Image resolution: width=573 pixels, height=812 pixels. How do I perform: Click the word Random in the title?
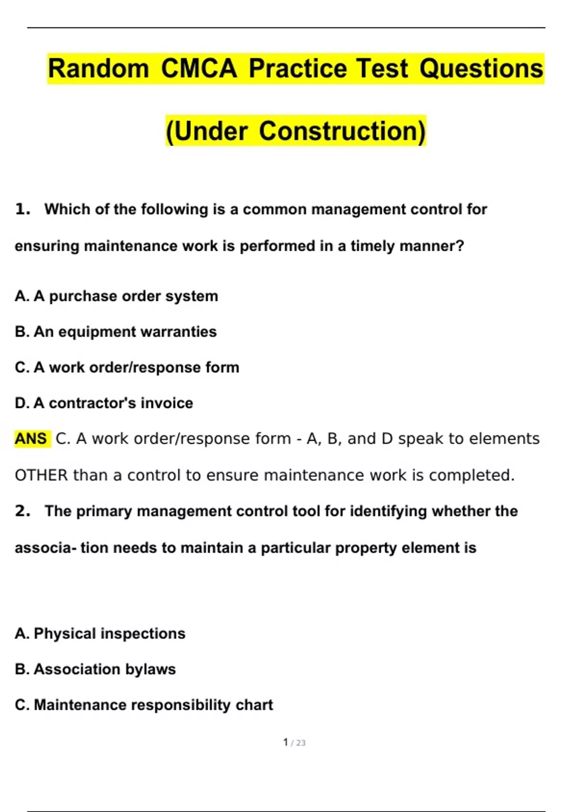click(x=98, y=68)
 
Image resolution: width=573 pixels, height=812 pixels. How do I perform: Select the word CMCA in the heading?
click(x=199, y=68)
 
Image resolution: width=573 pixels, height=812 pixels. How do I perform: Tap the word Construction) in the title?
click(x=342, y=131)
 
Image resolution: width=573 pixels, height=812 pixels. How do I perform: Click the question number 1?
click(x=22, y=209)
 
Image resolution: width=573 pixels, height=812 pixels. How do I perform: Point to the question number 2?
click(x=22, y=511)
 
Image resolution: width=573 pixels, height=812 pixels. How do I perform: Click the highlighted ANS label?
click(x=31, y=438)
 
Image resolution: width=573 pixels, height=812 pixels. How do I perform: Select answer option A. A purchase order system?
click(x=116, y=296)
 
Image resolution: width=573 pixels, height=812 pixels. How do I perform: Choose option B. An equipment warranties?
click(x=116, y=331)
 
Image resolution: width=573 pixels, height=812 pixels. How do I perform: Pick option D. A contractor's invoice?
click(x=104, y=403)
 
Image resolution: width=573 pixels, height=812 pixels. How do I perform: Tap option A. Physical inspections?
click(x=100, y=633)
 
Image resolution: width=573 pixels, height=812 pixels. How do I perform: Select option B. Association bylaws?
click(x=95, y=669)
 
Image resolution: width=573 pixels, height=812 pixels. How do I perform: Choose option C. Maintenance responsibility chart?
click(x=144, y=705)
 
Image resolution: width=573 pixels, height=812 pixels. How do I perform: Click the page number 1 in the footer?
click(x=286, y=742)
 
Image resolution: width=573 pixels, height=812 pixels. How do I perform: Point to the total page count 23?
click(x=301, y=743)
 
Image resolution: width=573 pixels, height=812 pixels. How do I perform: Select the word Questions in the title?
click(x=481, y=68)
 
